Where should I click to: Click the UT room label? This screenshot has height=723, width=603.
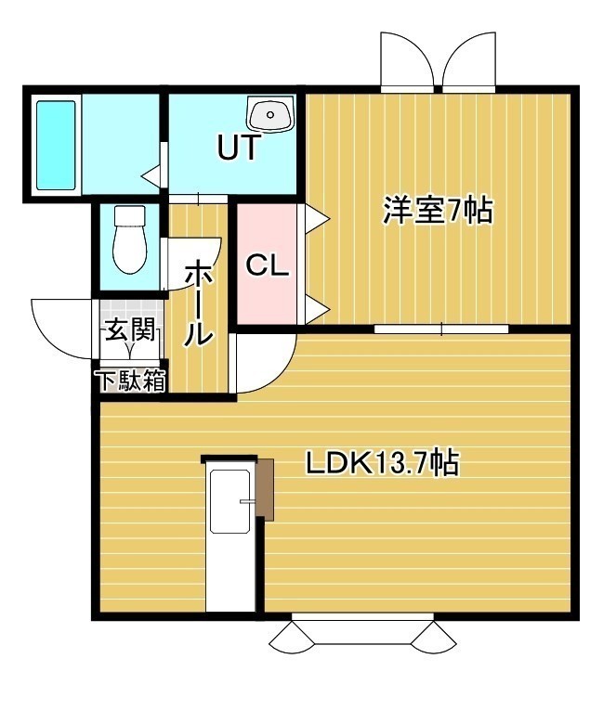238,147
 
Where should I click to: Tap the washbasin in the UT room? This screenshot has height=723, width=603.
270,113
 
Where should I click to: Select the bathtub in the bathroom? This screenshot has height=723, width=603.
56,145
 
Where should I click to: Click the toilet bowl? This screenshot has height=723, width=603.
130,239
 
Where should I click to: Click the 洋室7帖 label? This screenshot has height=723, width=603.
438,211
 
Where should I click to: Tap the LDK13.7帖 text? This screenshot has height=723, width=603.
382,463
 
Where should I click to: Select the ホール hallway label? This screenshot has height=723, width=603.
199,303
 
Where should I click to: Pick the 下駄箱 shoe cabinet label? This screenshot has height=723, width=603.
130,381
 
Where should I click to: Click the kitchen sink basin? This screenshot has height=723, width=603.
229,501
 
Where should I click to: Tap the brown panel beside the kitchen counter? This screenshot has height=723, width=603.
266,489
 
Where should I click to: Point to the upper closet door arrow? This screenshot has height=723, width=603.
317,217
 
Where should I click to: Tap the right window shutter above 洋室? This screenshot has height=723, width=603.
469,59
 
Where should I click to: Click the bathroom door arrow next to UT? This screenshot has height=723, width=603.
152,175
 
